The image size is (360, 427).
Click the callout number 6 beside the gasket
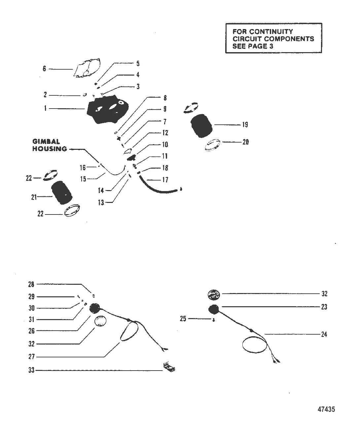point(44,69)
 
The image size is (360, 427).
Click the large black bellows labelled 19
point(201,126)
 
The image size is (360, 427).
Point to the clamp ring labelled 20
point(212,145)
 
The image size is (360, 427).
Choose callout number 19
point(245,124)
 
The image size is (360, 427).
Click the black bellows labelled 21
point(61,193)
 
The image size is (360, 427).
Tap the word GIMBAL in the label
point(46,142)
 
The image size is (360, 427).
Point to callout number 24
point(324,334)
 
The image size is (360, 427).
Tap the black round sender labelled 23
point(214,309)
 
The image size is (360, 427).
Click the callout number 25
point(183,319)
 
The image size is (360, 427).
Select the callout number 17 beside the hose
point(165,180)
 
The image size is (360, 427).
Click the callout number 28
point(31,284)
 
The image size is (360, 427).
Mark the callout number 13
point(101,203)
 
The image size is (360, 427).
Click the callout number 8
point(165,98)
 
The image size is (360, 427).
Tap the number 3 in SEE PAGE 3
point(271,46)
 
